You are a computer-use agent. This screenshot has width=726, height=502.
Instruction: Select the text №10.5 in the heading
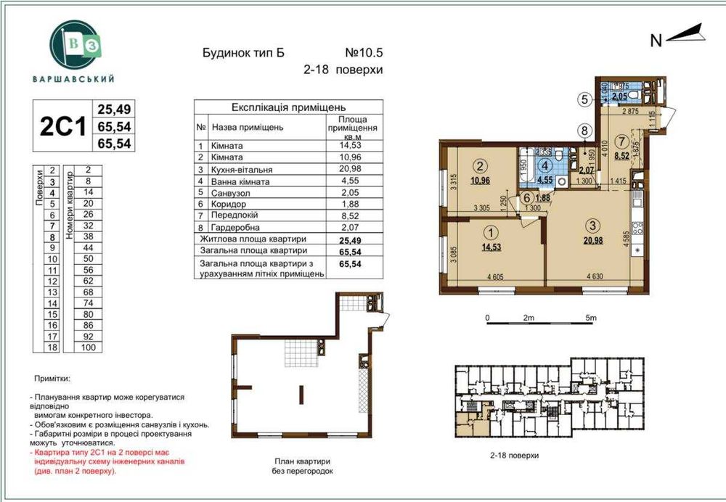pyautogui.click(x=362, y=53)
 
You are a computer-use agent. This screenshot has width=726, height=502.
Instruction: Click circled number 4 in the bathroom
pyautogui.click(x=544, y=163)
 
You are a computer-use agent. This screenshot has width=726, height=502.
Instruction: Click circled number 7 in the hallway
pyautogui.click(x=621, y=141)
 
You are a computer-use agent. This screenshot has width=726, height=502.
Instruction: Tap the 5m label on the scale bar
pyautogui.click(x=590, y=318)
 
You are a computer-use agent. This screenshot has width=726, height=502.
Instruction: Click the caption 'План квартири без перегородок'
pyautogui.click(x=303, y=466)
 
